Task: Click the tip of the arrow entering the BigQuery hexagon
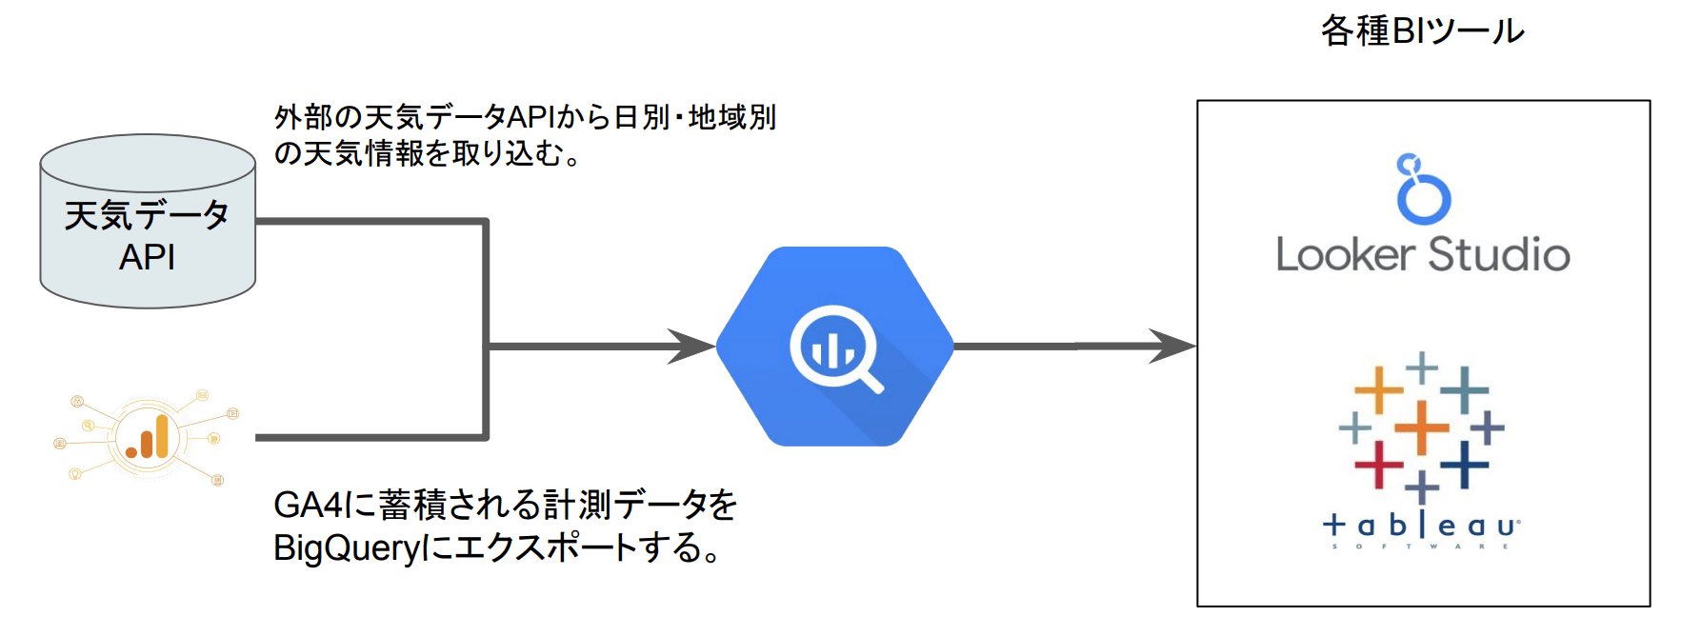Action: coord(715,347)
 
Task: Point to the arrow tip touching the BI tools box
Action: coord(1196,347)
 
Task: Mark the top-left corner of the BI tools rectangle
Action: coord(1198,101)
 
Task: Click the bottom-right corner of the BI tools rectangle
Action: coord(1650,606)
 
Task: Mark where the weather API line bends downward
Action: coord(486,222)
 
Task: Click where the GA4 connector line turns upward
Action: coord(486,438)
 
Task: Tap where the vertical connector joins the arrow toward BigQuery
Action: coord(487,347)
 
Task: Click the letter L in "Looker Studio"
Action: coord(1286,254)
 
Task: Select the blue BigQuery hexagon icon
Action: coord(835,347)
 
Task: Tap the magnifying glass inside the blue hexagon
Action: coord(836,348)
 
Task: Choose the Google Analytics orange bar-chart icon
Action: coord(146,437)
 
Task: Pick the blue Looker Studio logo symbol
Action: coord(1423,189)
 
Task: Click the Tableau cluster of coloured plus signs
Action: coord(1421,427)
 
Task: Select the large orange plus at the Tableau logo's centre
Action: coord(1421,427)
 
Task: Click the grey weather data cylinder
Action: coord(148,221)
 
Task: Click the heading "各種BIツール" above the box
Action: coord(1422,31)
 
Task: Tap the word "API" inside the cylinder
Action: coord(147,257)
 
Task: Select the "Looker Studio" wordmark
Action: coord(1423,254)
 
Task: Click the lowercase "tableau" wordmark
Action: coord(1421,525)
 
